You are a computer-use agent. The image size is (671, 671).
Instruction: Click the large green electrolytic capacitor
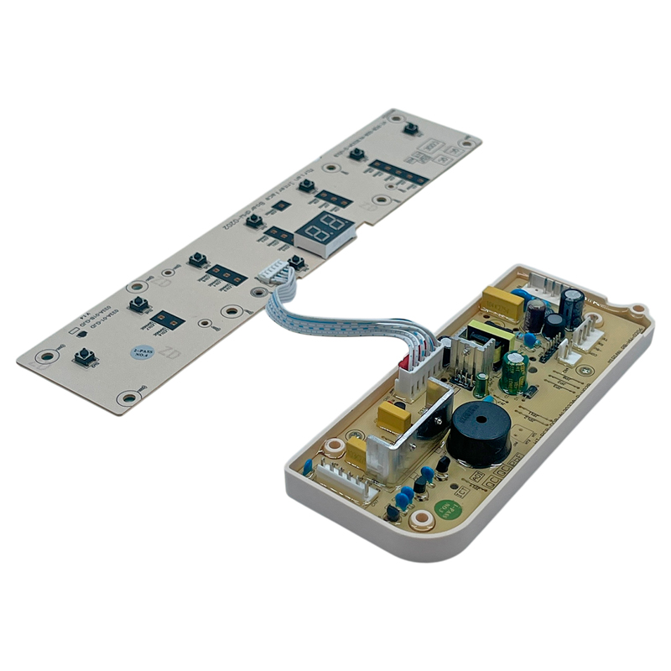click(513, 372)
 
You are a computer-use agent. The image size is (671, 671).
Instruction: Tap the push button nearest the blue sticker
click(85, 357)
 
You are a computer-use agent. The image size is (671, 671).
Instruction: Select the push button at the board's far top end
click(411, 128)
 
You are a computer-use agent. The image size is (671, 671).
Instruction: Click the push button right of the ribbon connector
click(295, 263)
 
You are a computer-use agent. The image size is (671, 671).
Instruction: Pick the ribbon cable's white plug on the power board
click(415, 369)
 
